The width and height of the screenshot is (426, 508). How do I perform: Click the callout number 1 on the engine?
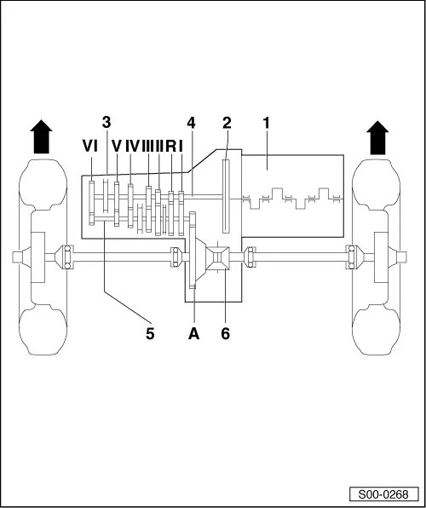pyautogui.click(x=267, y=123)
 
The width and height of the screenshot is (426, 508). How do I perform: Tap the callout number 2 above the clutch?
pyautogui.click(x=227, y=123)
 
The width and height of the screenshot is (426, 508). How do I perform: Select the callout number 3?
pyautogui.click(x=106, y=123)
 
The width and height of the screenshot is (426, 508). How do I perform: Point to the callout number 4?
pyautogui.click(x=191, y=123)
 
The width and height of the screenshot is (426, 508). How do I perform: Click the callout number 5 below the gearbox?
pyautogui.click(x=150, y=333)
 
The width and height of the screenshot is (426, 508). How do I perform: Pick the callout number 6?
pyautogui.click(x=226, y=333)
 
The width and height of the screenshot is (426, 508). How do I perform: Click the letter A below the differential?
pyautogui.click(x=193, y=333)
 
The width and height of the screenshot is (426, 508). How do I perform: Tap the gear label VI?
pyautogui.click(x=90, y=146)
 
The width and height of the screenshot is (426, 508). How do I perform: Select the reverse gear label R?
pyautogui.click(x=170, y=146)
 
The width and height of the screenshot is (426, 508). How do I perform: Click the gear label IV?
pyautogui.click(x=132, y=146)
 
